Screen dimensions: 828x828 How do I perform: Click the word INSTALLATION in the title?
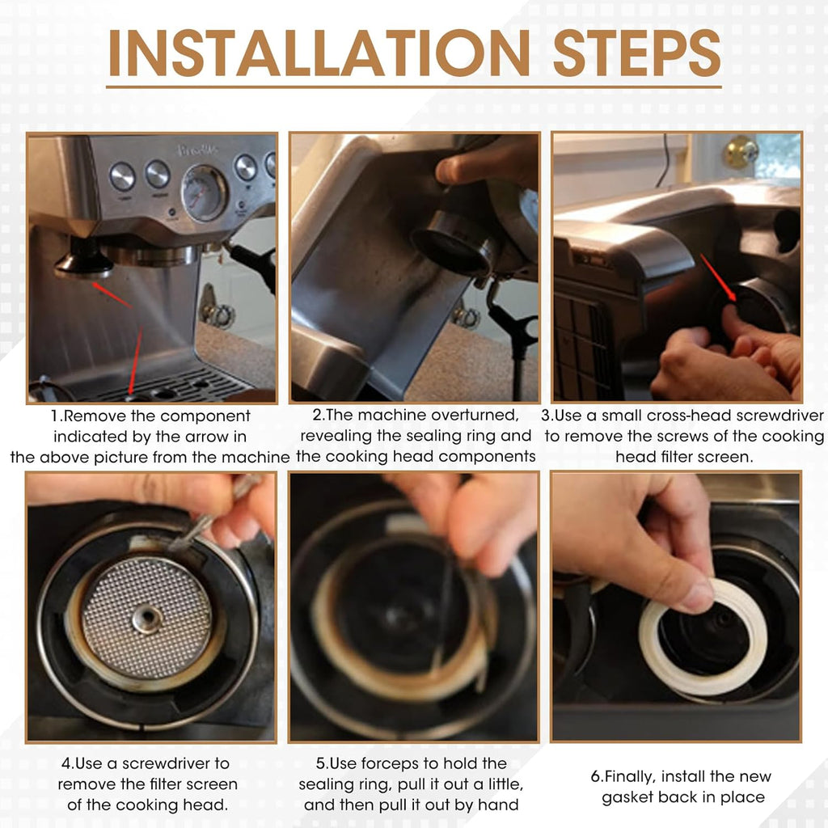[x=319, y=53]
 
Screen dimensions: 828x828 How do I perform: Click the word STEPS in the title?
[x=637, y=53]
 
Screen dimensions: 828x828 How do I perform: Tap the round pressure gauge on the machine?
[x=204, y=192]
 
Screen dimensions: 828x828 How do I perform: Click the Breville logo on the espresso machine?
[x=197, y=150]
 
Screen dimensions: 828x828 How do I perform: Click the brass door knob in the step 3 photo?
[x=741, y=153]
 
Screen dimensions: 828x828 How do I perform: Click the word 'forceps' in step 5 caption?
[x=393, y=763]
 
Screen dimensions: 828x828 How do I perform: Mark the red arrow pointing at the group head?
[x=112, y=294]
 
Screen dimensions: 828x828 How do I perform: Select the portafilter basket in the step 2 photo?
[x=455, y=243]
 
